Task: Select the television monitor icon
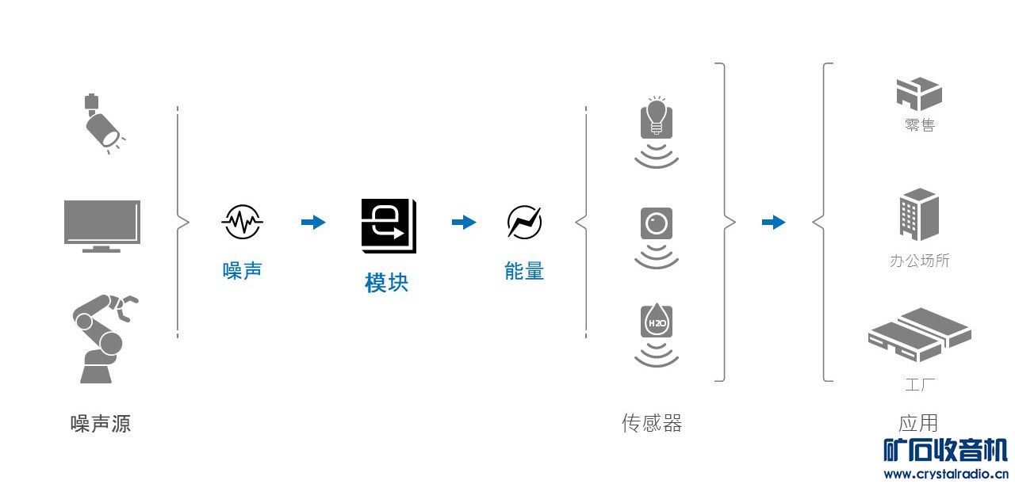pos(102,225)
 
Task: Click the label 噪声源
pos(101,424)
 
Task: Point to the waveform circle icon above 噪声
pos(242,223)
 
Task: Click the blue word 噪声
pos(242,271)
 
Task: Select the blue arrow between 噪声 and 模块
pos(313,223)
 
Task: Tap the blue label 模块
pos(387,283)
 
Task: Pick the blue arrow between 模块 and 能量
pos(464,223)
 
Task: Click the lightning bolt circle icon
pos(524,223)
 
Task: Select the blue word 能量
pos(524,271)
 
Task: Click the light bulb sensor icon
pos(657,119)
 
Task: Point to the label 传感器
pos(652,424)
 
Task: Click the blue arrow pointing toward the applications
pos(773,223)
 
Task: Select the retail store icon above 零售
pos(919,94)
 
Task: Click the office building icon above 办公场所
pos(919,214)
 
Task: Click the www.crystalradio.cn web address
pos(945,474)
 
